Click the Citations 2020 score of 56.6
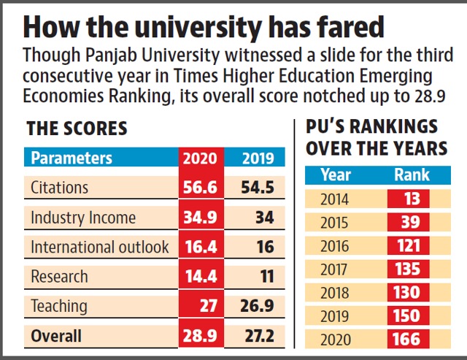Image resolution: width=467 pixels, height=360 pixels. tap(200, 188)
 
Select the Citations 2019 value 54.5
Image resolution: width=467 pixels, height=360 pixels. tap(258, 188)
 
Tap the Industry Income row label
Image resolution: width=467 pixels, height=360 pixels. tap(83, 218)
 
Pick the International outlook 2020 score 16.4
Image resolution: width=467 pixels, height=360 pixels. tap(201, 247)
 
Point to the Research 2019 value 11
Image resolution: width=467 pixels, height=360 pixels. tap(267, 276)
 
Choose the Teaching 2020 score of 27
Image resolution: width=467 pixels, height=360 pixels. tap(209, 306)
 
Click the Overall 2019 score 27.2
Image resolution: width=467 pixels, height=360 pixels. tap(260, 336)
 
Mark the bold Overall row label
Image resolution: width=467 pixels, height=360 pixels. tap(56, 336)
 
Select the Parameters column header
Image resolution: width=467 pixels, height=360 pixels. tap(72, 158)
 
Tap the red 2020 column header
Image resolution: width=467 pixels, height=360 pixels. tap(200, 158)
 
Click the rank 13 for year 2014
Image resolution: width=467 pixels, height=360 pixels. tap(412, 199)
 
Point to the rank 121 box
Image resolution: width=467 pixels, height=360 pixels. tap(409, 245)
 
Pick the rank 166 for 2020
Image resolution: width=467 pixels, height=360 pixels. tap(406, 339)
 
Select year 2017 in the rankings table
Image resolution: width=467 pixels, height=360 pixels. tap(334, 269)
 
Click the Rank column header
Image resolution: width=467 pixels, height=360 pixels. tap(412, 175)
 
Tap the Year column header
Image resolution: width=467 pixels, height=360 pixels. tap(336, 175)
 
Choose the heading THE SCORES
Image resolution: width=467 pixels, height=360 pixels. tap(77, 129)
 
